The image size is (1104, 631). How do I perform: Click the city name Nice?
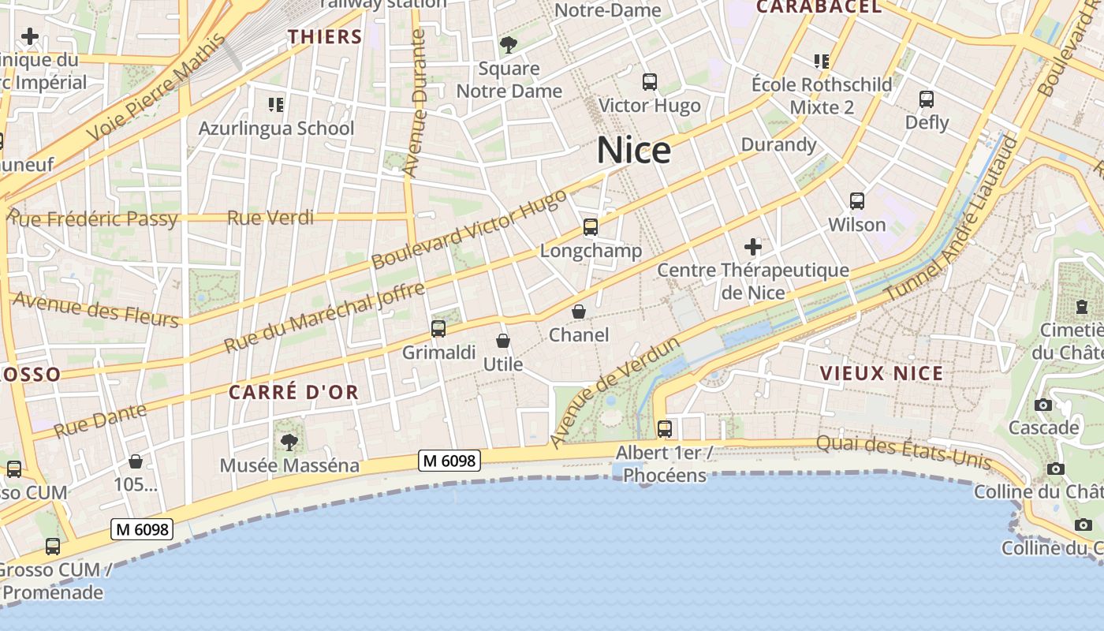point(634,150)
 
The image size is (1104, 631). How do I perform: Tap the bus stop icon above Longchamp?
point(590,227)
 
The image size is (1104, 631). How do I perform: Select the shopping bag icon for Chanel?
point(579,312)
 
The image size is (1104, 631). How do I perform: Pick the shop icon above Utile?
point(503,341)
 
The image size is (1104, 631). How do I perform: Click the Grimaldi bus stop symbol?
point(438,329)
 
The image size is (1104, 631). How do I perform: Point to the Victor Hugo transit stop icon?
point(650,81)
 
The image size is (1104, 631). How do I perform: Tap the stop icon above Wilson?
point(857,201)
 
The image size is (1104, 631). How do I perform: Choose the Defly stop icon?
point(927,99)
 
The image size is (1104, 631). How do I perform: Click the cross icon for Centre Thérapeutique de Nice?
point(753,247)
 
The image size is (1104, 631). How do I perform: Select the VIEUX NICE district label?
point(882,373)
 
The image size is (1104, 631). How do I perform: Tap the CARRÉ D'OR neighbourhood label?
point(293,392)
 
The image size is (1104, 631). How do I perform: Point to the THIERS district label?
point(325,36)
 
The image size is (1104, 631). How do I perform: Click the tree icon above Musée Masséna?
point(289,442)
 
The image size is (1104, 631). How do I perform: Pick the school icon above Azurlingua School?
point(276,104)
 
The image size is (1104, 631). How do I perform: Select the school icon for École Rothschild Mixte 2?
point(822,61)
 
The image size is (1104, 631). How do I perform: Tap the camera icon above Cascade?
point(1043,405)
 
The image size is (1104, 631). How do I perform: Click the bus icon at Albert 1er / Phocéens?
point(665,429)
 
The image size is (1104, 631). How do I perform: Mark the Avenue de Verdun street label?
point(614,392)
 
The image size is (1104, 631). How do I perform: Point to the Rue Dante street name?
point(100,420)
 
